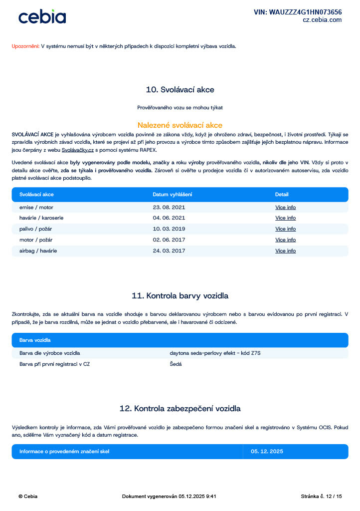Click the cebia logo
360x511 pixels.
42,16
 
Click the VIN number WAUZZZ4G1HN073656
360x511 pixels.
298,12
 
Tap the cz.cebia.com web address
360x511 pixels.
322,20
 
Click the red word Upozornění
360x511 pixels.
25,46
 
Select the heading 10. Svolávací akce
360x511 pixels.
180,90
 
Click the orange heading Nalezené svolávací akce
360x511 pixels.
180,125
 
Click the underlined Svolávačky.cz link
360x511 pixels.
78,149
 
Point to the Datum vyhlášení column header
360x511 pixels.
173,194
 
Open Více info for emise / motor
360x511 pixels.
285,207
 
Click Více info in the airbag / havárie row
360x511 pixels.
285,251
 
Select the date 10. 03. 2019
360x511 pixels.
169,229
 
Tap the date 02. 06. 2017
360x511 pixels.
169,240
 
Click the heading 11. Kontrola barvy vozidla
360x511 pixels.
180,296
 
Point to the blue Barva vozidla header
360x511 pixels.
35,340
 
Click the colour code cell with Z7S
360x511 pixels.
215,353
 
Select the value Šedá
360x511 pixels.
176,364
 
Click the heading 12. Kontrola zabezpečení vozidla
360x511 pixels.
180,409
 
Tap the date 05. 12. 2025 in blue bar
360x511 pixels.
267,452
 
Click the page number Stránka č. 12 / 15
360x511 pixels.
321,497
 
